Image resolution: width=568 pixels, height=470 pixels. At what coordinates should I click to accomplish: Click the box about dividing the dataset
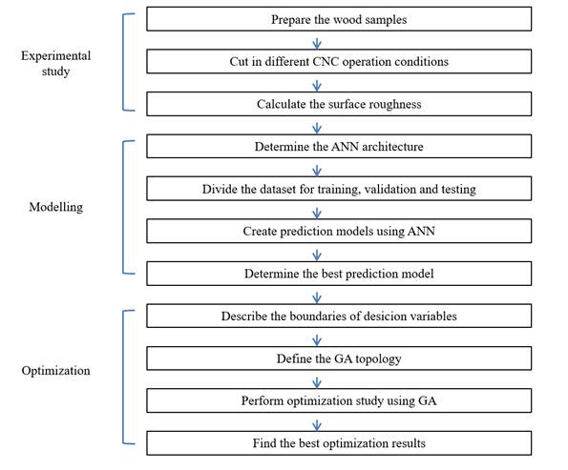(x=339, y=189)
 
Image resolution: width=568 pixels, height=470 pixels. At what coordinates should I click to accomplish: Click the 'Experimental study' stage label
(x=55, y=63)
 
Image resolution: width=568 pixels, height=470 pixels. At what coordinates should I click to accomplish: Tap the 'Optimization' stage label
(x=55, y=371)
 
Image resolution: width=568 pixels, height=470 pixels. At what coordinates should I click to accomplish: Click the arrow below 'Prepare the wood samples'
(x=317, y=41)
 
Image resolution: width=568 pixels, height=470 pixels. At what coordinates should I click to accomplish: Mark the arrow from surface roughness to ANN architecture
(x=317, y=126)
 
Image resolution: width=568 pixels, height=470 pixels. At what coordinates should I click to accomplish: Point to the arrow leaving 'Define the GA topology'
(x=317, y=378)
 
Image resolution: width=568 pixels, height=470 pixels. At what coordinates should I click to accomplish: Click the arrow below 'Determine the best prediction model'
(x=317, y=295)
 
